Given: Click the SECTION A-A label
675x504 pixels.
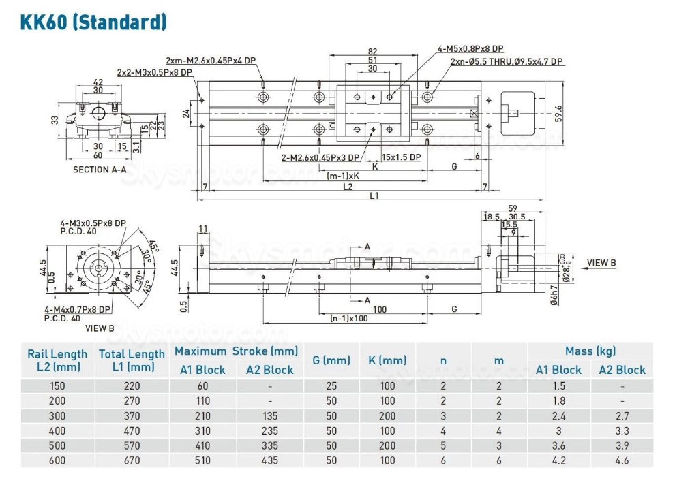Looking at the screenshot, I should pyautogui.click(x=100, y=170).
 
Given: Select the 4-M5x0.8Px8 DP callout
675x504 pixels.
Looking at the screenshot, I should pyautogui.click(x=470, y=49).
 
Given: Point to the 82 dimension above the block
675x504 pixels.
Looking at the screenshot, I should pyautogui.click(x=372, y=52).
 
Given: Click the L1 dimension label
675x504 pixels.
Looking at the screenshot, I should pyautogui.click(x=374, y=195).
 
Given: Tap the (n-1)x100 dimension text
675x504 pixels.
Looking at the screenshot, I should pyautogui.click(x=350, y=318).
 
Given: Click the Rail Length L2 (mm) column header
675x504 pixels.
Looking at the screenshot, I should pyautogui.click(x=57, y=360).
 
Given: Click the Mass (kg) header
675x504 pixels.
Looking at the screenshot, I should pyautogui.click(x=590, y=351).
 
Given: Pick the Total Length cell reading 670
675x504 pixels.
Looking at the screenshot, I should pyautogui.click(x=132, y=460).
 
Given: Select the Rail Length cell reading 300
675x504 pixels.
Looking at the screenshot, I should pyautogui.click(x=57, y=415).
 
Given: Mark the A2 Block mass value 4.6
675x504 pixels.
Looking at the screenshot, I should pyautogui.click(x=622, y=460).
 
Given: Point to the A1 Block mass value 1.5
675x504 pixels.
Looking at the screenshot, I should pyautogui.click(x=558, y=386).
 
